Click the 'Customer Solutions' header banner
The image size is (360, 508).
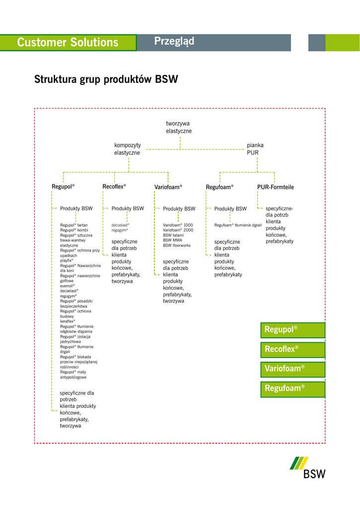click(x=68, y=43)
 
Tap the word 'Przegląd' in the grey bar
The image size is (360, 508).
click(x=174, y=42)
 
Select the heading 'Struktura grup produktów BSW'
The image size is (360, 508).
click(x=106, y=79)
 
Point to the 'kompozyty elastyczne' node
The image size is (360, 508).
click(x=128, y=149)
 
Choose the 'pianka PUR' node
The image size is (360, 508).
click(x=255, y=149)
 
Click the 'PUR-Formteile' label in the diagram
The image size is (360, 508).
click(x=276, y=187)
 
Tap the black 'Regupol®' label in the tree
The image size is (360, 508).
click(x=63, y=187)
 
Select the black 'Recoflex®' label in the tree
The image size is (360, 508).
click(x=114, y=187)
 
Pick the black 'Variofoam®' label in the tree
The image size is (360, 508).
click(x=168, y=187)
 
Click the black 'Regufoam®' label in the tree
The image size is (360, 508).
click(x=219, y=187)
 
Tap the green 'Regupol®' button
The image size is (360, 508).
click(x=292, y=330)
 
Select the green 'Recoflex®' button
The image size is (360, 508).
click(x=292, y=349)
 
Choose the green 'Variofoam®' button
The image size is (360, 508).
click(x=292, y=369)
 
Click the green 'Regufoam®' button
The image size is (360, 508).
click(x=292, y=388)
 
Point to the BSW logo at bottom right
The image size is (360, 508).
click(x=308, y=467)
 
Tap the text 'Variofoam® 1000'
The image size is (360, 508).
click(x=178, y=225)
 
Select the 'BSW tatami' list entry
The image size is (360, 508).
click(x=173, y=235)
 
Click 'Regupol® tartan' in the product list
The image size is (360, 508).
click(x=74, y=225)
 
